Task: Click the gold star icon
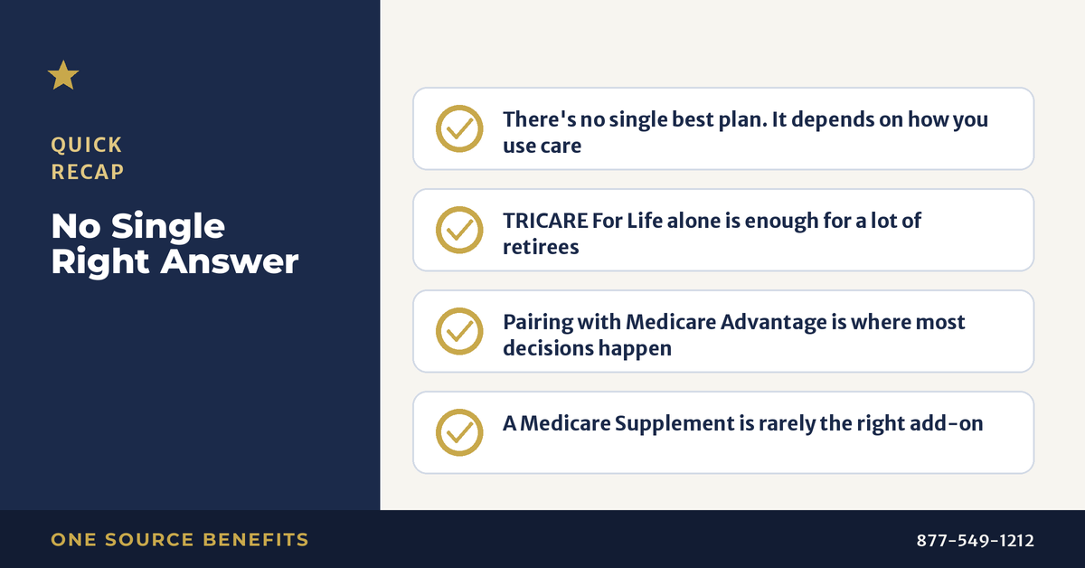point(63,76)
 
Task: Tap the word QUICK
point(87,145)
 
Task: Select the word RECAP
point(88,172)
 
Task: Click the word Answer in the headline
point(229,261)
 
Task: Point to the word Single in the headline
point(168,227)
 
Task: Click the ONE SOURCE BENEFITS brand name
point(180,539)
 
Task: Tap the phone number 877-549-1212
point(975,540)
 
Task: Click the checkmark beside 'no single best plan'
point(459,129)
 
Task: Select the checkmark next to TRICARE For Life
point(459,231)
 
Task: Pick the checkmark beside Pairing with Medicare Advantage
point(459,332)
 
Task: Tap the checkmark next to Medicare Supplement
point(459,433)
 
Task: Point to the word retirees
point(541,247)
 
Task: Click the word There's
point(539,119)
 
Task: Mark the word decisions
point(548,348)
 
